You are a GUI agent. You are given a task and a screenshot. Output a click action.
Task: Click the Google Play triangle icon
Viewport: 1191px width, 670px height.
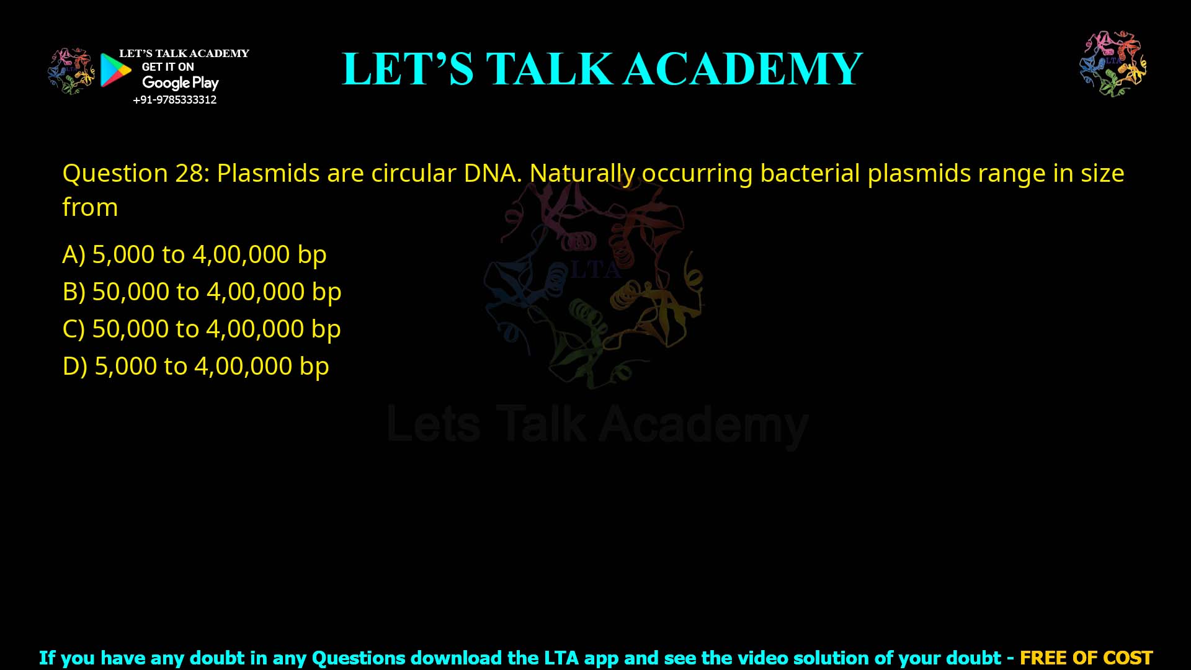(115, 70)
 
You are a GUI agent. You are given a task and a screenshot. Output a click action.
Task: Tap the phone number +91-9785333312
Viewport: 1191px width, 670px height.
(174, 100)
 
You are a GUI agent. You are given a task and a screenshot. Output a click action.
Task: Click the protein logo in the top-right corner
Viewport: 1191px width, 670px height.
(1113, 64)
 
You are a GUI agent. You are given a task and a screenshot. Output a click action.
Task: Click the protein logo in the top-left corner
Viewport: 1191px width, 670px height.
(71, 71)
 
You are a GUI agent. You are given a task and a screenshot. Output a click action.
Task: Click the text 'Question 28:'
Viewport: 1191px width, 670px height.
(136, 173)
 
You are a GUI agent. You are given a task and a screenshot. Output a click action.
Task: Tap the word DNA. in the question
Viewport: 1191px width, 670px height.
(493, 173)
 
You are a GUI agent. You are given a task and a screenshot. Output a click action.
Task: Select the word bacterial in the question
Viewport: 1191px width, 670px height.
(810, 173)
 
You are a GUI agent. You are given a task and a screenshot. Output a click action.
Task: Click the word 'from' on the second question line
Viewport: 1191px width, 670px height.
(90, 207)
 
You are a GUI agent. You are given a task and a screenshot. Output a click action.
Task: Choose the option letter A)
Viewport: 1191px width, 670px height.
(74, 254)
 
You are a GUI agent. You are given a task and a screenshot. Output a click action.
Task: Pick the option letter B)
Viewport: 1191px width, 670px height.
(74, 292)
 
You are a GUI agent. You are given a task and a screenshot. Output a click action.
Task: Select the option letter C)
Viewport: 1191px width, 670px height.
(74, 329)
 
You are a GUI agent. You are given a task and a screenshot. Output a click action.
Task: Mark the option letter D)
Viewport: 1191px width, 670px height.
(74, 366)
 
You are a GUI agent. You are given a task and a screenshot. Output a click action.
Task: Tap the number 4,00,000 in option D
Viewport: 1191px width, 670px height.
(243, 366)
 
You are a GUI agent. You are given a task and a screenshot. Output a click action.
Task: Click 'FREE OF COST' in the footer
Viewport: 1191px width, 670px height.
(1086, 658)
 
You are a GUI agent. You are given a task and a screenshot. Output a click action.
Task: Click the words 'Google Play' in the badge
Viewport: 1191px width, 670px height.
(180, 83)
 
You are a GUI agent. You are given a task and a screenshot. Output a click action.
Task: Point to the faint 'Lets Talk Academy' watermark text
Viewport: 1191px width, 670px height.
(597, 425)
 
